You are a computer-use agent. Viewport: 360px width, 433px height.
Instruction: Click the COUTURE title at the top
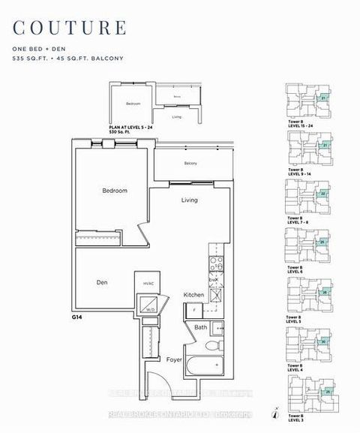click(68, 28)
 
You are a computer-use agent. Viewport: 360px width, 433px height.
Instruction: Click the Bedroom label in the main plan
click(115, 191)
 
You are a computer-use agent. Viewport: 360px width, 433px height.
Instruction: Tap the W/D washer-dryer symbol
click(151, 308)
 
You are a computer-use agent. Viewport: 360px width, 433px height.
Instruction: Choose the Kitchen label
click(193, 295)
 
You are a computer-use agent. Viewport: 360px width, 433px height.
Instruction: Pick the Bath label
click(201, 327)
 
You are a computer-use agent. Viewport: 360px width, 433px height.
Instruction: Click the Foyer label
click(175, 359)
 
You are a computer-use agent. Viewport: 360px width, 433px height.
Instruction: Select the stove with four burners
click(214, 264)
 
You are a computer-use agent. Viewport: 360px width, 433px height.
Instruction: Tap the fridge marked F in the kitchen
click(194, 308)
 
